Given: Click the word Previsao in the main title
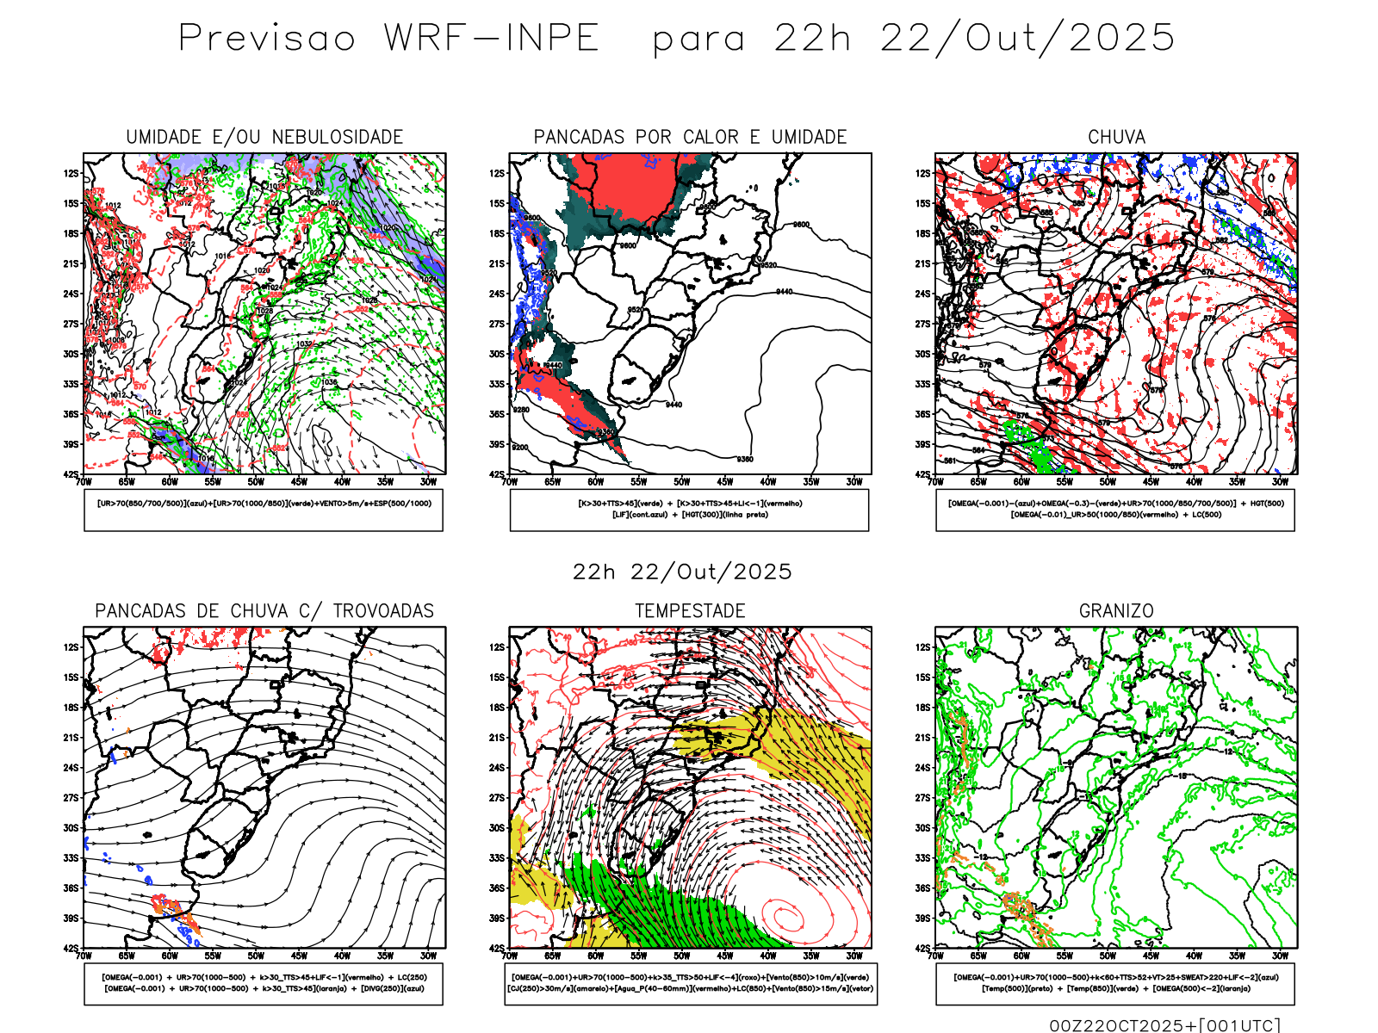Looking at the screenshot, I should click(267, 38).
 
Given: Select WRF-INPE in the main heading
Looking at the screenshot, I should click(492, 38).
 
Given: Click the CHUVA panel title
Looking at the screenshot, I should click(1116, 137).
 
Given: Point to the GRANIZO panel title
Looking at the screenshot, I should click(1116, 611).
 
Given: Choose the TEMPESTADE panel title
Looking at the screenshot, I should click(690, 611).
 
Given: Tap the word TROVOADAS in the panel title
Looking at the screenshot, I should click(383, 611).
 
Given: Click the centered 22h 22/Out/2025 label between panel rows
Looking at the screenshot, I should click(682, 572).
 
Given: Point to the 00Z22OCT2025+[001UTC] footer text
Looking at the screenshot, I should click(1164, 1024).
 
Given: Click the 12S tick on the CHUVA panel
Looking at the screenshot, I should click(923, 173).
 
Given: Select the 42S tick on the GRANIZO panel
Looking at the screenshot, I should click(923, 948).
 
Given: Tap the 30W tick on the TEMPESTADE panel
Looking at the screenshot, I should click(853, 956).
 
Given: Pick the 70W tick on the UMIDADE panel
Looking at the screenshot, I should click(84, 482).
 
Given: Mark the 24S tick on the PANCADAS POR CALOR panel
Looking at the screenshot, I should click(497, 294).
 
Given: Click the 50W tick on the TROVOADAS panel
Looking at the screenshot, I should click(256, 956).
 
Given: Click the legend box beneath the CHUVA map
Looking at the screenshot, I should click(1115, 510).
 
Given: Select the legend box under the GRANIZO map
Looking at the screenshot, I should click(1115, 983).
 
